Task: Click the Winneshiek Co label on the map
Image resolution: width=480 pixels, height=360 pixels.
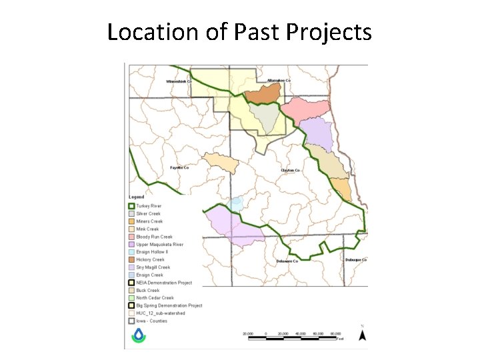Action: [178, 82]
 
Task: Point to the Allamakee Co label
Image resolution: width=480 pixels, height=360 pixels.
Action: [279, 81]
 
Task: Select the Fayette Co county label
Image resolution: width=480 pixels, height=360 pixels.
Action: [179, 167]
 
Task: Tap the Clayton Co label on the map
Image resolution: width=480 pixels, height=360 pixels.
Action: [291, 170]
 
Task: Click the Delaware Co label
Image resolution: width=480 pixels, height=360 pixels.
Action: [288, 261]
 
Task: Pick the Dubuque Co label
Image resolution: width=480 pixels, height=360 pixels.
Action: [356, 259]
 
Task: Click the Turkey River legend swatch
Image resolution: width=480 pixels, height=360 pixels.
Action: [132, 206]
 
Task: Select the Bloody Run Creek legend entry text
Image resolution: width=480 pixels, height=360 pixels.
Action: [154, 237]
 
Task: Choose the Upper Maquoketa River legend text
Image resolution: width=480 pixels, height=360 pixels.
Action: [159, 245]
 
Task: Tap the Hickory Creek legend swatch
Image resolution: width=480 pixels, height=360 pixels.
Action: [132, 260]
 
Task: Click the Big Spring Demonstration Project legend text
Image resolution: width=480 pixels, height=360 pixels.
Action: [169, 305]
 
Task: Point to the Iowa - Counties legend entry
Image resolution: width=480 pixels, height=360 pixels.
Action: [151, 321]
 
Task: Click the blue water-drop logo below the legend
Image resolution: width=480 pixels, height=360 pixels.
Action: [139, 335]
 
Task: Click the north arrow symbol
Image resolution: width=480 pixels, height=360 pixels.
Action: [362, 335]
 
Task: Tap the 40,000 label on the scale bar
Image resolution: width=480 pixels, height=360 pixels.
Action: [301, 332]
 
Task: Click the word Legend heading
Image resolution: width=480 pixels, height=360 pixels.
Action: [136, 197]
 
